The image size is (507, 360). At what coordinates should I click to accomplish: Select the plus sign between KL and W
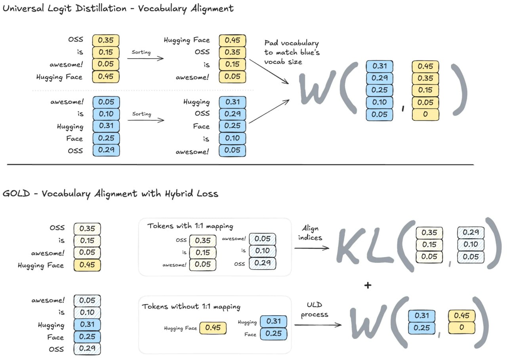point(368,285)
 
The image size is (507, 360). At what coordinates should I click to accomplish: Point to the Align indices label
point(312,233)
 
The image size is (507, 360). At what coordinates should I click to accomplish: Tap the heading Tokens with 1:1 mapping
point(190,226)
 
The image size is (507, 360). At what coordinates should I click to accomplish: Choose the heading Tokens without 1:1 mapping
point(191,307)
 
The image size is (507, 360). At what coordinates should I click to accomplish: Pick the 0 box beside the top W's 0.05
point(425,114)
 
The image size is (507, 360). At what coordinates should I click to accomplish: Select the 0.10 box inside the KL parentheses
point(471,244)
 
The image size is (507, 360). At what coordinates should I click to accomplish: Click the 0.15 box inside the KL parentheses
point(429,244)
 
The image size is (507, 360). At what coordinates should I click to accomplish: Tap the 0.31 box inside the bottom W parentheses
point(421,316)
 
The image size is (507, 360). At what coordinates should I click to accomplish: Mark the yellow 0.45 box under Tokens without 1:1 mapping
point(213,328)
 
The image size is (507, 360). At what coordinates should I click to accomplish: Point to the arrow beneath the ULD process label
point(318,325)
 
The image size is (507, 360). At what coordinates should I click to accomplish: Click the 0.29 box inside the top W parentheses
point(379,78)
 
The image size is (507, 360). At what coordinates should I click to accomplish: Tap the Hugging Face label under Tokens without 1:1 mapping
point(180,328)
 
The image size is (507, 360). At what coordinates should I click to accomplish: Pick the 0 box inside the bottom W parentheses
point(461,328)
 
